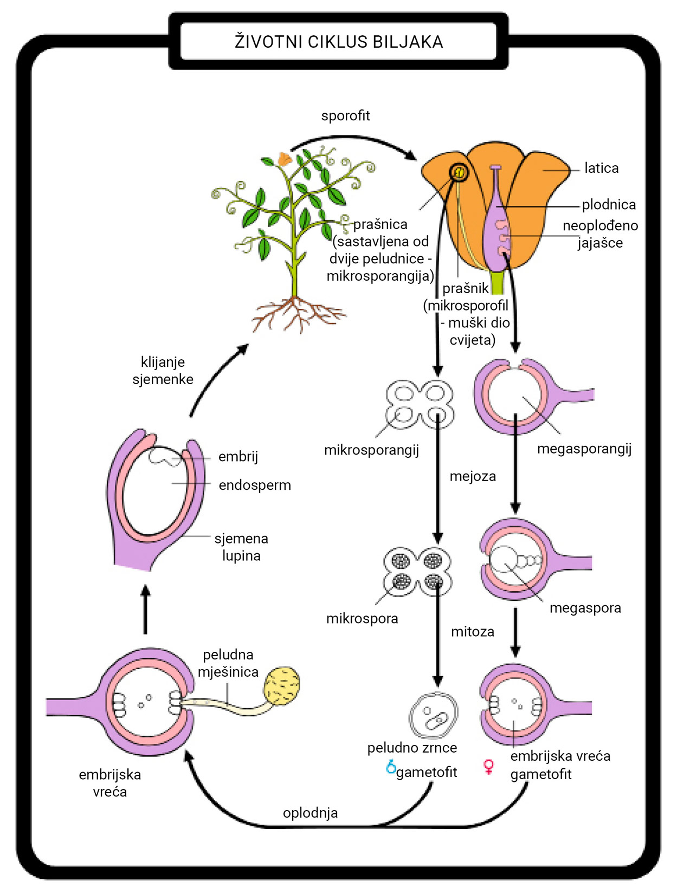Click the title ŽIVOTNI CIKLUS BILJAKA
tap(339, 42)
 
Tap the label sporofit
tap(345, 115)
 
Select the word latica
tap(601, 168)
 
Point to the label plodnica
tap(609, 205)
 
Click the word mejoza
tap(473, 476)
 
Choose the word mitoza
tap(473, 632)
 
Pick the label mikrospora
tap(362, 619)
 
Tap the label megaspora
tap(585, 608)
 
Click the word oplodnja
tap(310, 813)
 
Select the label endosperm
tap(255, 485)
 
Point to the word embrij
tap(238, 456)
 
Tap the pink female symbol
tap(488, 767)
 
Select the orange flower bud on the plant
tap(284, 159)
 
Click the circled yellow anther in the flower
tap(459, 173)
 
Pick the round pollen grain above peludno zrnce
tap(433, 716)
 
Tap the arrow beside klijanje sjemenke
tap(217, 379)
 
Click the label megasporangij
tap(584, 449)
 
